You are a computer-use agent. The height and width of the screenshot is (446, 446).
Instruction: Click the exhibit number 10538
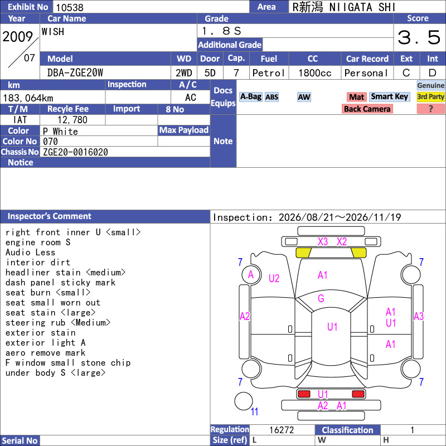coord(70,7)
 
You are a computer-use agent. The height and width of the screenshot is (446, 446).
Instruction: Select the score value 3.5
coord(419,37)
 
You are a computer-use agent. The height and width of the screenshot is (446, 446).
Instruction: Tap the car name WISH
coord(53,32)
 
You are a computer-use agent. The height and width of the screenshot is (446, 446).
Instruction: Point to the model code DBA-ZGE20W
coord(75,73)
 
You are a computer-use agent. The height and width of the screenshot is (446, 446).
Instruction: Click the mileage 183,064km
coord(28,98)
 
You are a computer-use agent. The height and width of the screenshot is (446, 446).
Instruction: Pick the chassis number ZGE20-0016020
coord(75,152)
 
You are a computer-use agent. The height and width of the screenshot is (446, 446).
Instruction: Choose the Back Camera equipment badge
coord(367,109)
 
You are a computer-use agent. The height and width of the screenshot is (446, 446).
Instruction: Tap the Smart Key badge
coord(389,97)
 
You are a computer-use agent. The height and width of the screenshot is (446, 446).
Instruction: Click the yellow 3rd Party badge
coord(430,97)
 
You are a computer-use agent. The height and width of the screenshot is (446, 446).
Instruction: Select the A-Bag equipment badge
coord(250,97)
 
